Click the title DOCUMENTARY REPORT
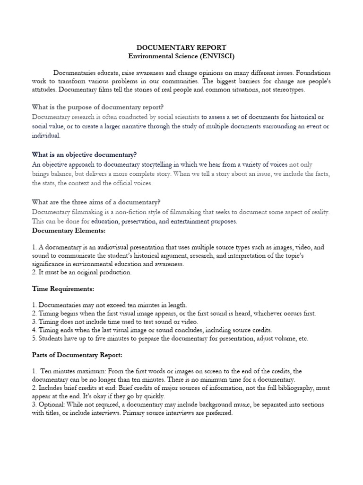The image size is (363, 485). coord(181,47)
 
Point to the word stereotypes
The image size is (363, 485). coord(284,90)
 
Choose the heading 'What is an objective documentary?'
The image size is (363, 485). coord(84,154)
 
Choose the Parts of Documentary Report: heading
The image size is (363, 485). coord(77,355)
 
